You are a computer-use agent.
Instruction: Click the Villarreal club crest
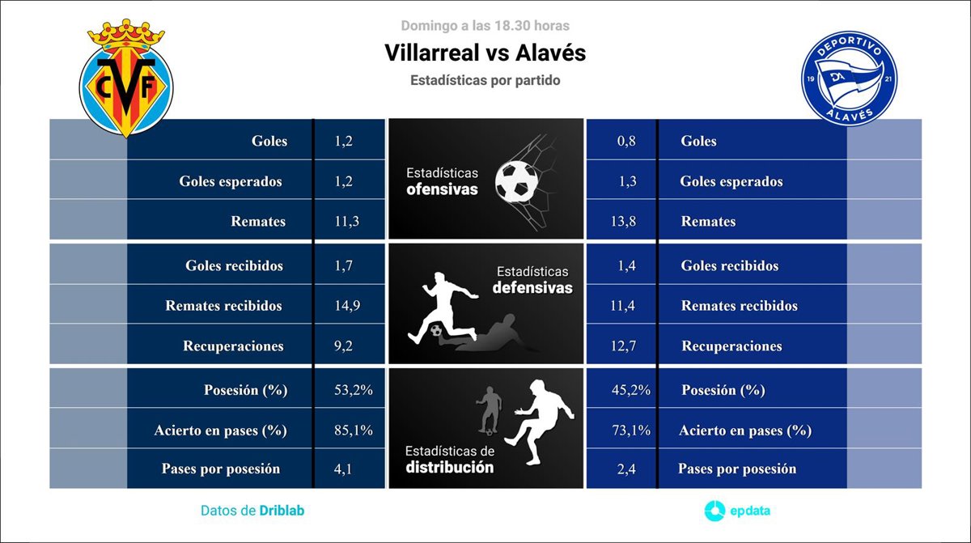[126, 78]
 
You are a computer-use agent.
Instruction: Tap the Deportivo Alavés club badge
[849, 78]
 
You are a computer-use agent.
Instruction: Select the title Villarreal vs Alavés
[485, 53]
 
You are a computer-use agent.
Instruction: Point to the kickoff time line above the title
[485, 26]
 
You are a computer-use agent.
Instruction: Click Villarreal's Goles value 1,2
[343, 141]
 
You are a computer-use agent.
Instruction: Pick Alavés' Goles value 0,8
[626, 141]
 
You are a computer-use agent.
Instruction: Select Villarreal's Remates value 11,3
[347, 221]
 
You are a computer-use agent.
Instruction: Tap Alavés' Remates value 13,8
[623, 221]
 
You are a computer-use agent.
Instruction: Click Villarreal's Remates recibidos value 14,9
[347, 306]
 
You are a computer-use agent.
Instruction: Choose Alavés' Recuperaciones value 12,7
[623, 346]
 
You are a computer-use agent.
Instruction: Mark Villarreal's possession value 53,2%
[354, 390]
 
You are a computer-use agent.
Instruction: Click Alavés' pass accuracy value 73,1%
[631, 431]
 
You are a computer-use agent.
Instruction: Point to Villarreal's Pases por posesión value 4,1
[343, 469]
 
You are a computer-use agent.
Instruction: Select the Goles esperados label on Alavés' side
[731, 181]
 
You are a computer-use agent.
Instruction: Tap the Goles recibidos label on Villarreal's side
[234, 265]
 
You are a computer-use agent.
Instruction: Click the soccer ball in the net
[517, 182]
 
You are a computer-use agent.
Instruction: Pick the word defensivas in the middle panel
[532, 288]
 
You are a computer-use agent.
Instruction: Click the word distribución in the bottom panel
[450, 467]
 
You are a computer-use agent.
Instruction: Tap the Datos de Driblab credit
[252, 511]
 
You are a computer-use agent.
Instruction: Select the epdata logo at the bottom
[737, 511]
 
